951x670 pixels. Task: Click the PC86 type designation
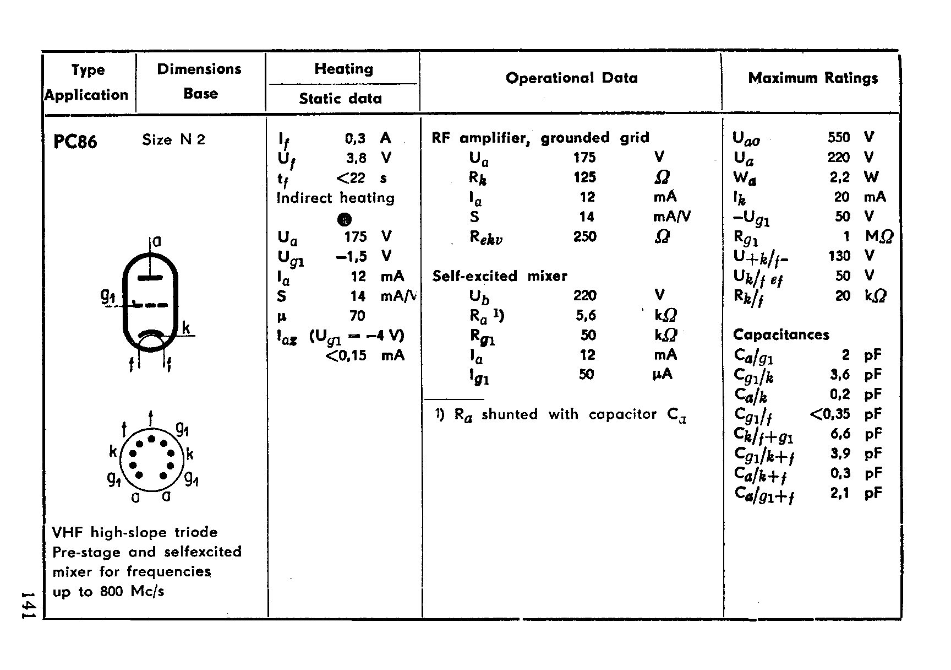(x=75, y=142)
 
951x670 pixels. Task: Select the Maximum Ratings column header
(x=813, y=78)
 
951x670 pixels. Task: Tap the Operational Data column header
(x=571, y=78)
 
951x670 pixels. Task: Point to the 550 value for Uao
(x=839, y=137)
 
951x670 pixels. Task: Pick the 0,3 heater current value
(x=355, y=138)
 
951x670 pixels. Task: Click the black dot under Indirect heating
(x=345, y=219)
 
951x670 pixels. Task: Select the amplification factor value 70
(x=357, y=316)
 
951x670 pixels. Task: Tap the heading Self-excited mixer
(x=499, y=276)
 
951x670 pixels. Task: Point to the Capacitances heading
(x=781, y=335)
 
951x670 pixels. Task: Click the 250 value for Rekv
(x=584, y=237)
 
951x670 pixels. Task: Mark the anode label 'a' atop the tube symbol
(x=157, y=241)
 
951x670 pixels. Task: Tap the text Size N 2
(x=173, y=140)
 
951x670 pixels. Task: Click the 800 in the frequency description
(x=111, y=592)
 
